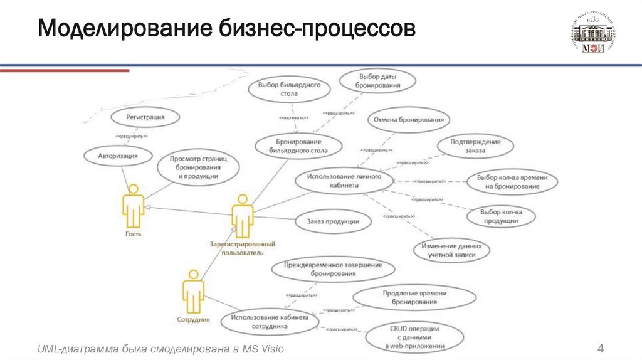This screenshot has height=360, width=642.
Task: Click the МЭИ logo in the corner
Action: (592, 34)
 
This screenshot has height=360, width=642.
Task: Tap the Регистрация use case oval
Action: (145, 117)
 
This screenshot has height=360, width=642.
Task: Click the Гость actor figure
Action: (133, 208)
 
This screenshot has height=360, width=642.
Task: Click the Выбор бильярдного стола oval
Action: (290, 89)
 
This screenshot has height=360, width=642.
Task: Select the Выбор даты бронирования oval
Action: (377, 81)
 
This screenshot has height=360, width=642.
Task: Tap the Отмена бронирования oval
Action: (408, 119)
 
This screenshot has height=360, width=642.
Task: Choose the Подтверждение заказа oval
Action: (475, 146)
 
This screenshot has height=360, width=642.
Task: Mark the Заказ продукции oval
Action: (333, 221)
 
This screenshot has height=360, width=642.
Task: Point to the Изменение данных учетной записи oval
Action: (451, 250)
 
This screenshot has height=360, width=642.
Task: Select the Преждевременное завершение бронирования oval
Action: (333, 269)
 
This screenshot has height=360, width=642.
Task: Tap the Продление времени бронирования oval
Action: (414, 298)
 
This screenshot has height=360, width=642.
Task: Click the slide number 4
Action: (600, 349)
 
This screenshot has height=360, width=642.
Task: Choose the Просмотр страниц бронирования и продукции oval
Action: (197, 168)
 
